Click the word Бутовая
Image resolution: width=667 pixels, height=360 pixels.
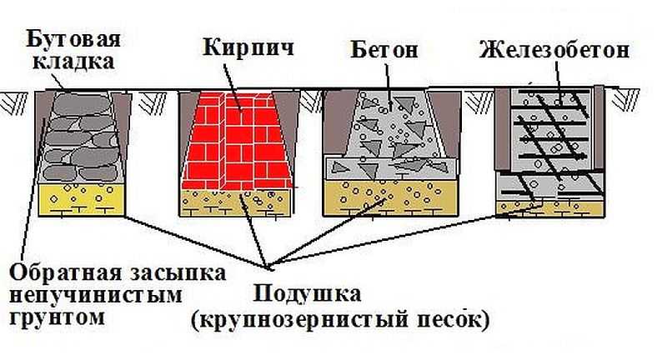tap(73, 40)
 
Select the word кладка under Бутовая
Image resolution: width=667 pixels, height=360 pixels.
tap(73, 62)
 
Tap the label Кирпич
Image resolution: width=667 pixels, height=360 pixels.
tap(248, 47)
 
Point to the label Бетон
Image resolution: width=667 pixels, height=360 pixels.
tap(384, 50)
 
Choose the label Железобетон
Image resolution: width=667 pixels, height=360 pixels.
tap(554, 50)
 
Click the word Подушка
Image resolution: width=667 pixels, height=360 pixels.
tap(307, 293)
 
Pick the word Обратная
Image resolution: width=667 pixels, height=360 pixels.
tap(59, 272)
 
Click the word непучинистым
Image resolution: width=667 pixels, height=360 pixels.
tap(96, 295)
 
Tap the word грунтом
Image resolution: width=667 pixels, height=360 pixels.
tap(57, 317)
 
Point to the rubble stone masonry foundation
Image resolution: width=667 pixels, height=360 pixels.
tap(81, 137)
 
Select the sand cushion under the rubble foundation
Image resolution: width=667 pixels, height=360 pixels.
tap(81, 199)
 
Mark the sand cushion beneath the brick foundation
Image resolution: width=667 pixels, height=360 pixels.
tap(235, 202)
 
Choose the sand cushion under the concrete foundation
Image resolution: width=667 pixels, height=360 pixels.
tap(390, 197)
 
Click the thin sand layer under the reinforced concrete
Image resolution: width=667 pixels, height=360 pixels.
tap(550, 208)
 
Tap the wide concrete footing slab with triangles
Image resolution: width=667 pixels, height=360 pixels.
tap(390, 167)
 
